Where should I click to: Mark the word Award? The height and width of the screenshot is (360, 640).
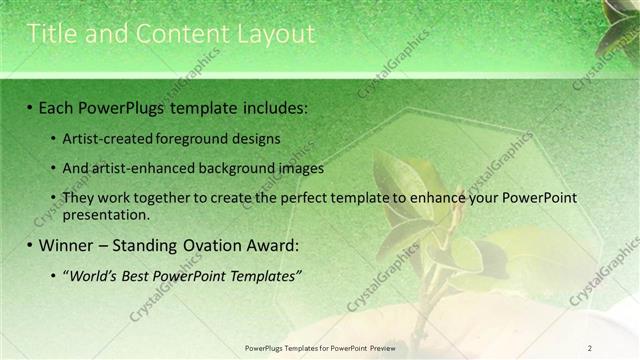272,245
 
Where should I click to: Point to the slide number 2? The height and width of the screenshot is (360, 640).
590,348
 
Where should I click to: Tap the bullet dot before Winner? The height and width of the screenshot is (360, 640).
30,245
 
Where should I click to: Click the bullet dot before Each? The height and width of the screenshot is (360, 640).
30,106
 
